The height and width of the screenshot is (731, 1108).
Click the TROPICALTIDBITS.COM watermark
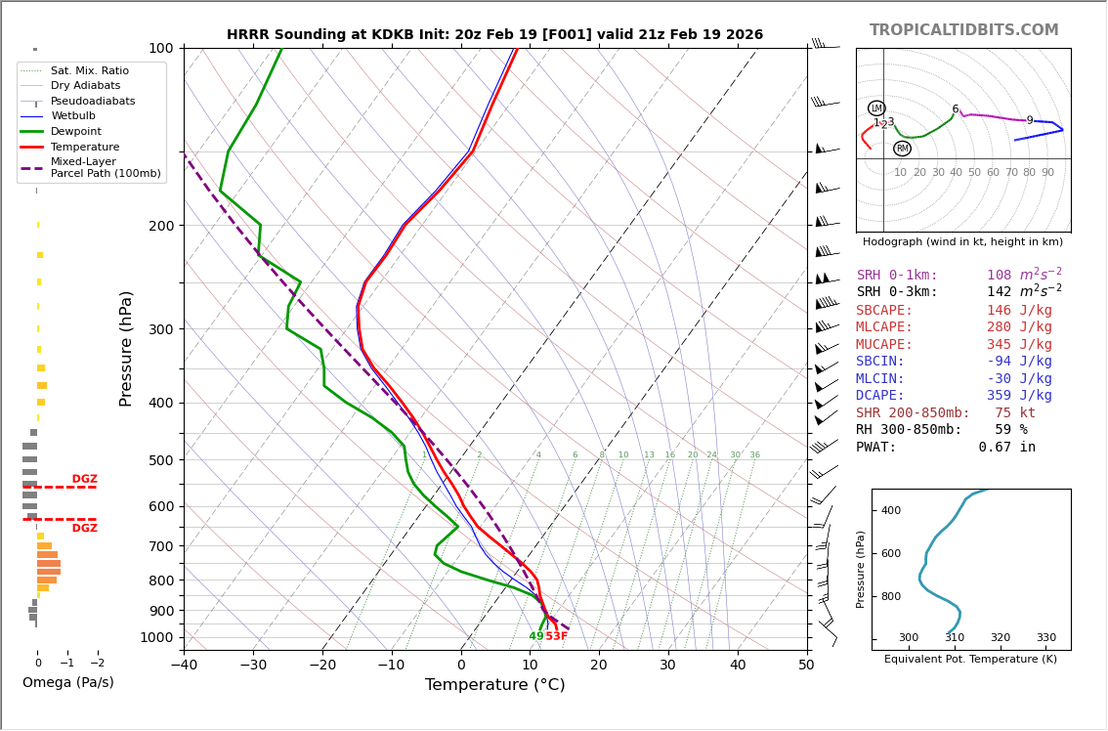(x=963, y=30)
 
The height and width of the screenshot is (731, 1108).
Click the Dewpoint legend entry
(x=75, y=131)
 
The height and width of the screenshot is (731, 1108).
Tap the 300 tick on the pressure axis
(x=159, y=329)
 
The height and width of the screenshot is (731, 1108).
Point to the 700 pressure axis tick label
(x=159, y=546)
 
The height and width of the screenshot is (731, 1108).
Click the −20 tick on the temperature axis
(x=322, y=666)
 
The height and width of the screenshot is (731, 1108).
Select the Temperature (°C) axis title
(x=494, y=685)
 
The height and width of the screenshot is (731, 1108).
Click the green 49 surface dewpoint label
(x=536, y=636)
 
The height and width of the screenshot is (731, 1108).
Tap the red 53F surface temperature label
(x=556, y=636)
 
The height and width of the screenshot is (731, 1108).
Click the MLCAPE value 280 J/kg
(x=1019, y=327)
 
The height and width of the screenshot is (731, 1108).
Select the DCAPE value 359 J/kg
(x=1019, y=396)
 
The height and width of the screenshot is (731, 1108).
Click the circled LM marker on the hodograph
(x=876, y=108)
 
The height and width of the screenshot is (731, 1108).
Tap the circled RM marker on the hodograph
(x=902, y=149)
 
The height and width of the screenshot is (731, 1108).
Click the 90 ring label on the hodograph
(x=1047, y=173)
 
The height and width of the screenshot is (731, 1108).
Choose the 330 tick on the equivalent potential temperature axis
(x=1045, y=638)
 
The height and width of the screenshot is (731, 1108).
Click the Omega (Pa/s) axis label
(x=68, y=683)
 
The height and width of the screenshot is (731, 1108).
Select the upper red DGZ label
(x=84, y=479)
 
